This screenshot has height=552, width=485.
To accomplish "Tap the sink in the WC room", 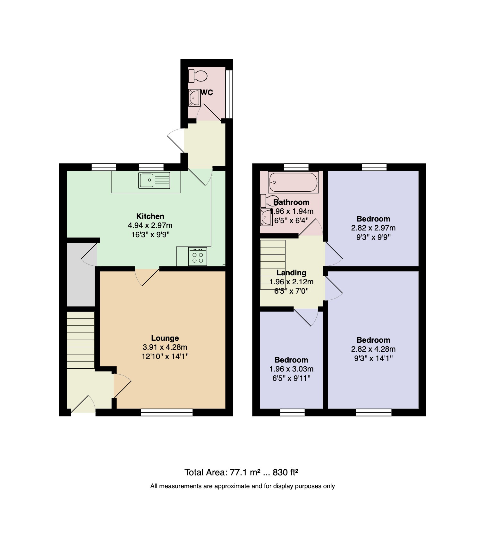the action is [194, 98].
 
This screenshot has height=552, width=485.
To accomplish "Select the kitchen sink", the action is [154, 180].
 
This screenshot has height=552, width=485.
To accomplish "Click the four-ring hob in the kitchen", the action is [198, 256].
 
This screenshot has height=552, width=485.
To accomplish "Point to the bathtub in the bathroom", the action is [293, 182].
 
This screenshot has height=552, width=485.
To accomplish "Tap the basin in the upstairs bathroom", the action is [266, 218].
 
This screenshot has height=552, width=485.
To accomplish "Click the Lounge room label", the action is [165, 338].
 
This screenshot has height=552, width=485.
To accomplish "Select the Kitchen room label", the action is [150, 216].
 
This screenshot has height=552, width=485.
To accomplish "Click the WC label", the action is [207, 93].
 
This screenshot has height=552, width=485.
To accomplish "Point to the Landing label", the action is [291, 273].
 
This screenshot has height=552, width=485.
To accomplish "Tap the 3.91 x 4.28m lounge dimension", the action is [165, 347].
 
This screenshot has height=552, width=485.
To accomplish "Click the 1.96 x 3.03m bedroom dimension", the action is [291, 369].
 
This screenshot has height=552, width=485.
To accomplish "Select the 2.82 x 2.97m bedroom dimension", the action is [373, 228].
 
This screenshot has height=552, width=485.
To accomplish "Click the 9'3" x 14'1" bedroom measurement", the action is [373, 358].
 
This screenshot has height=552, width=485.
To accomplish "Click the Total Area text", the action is [242, 472].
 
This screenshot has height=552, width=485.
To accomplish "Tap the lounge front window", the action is [167, 413].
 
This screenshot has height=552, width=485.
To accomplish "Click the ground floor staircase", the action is [81, 340].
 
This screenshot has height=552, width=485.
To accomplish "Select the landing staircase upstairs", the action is [273, 265].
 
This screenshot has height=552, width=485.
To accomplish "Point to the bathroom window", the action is [296, 167].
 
